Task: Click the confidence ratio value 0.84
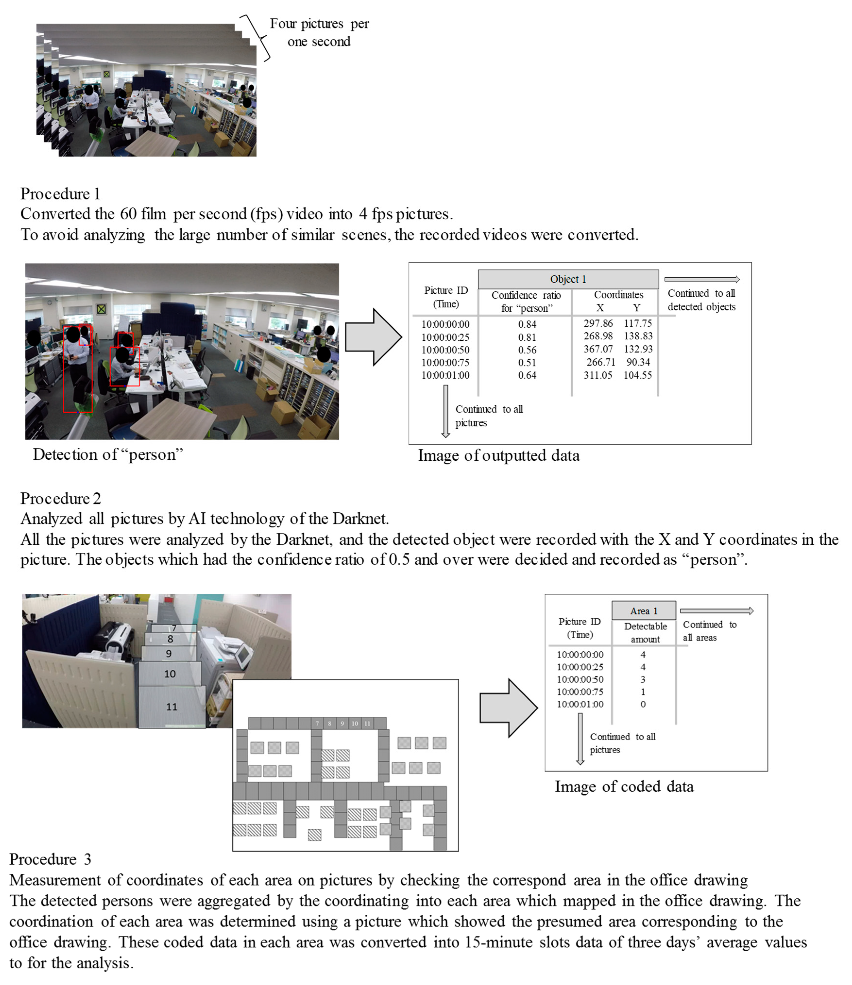(x=527, y=324)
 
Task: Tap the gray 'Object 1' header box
(x=568, y=279)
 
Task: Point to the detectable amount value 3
(x=643, y=679)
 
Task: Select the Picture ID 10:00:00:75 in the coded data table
(x=580, y=692)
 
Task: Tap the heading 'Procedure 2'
(x=60, y=498)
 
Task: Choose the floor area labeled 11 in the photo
(x=172, y=707)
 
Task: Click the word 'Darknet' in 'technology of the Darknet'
(x=360, y=519)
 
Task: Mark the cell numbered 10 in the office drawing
(x=355, y=723)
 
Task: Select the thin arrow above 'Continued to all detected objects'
(x=702, y=279)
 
